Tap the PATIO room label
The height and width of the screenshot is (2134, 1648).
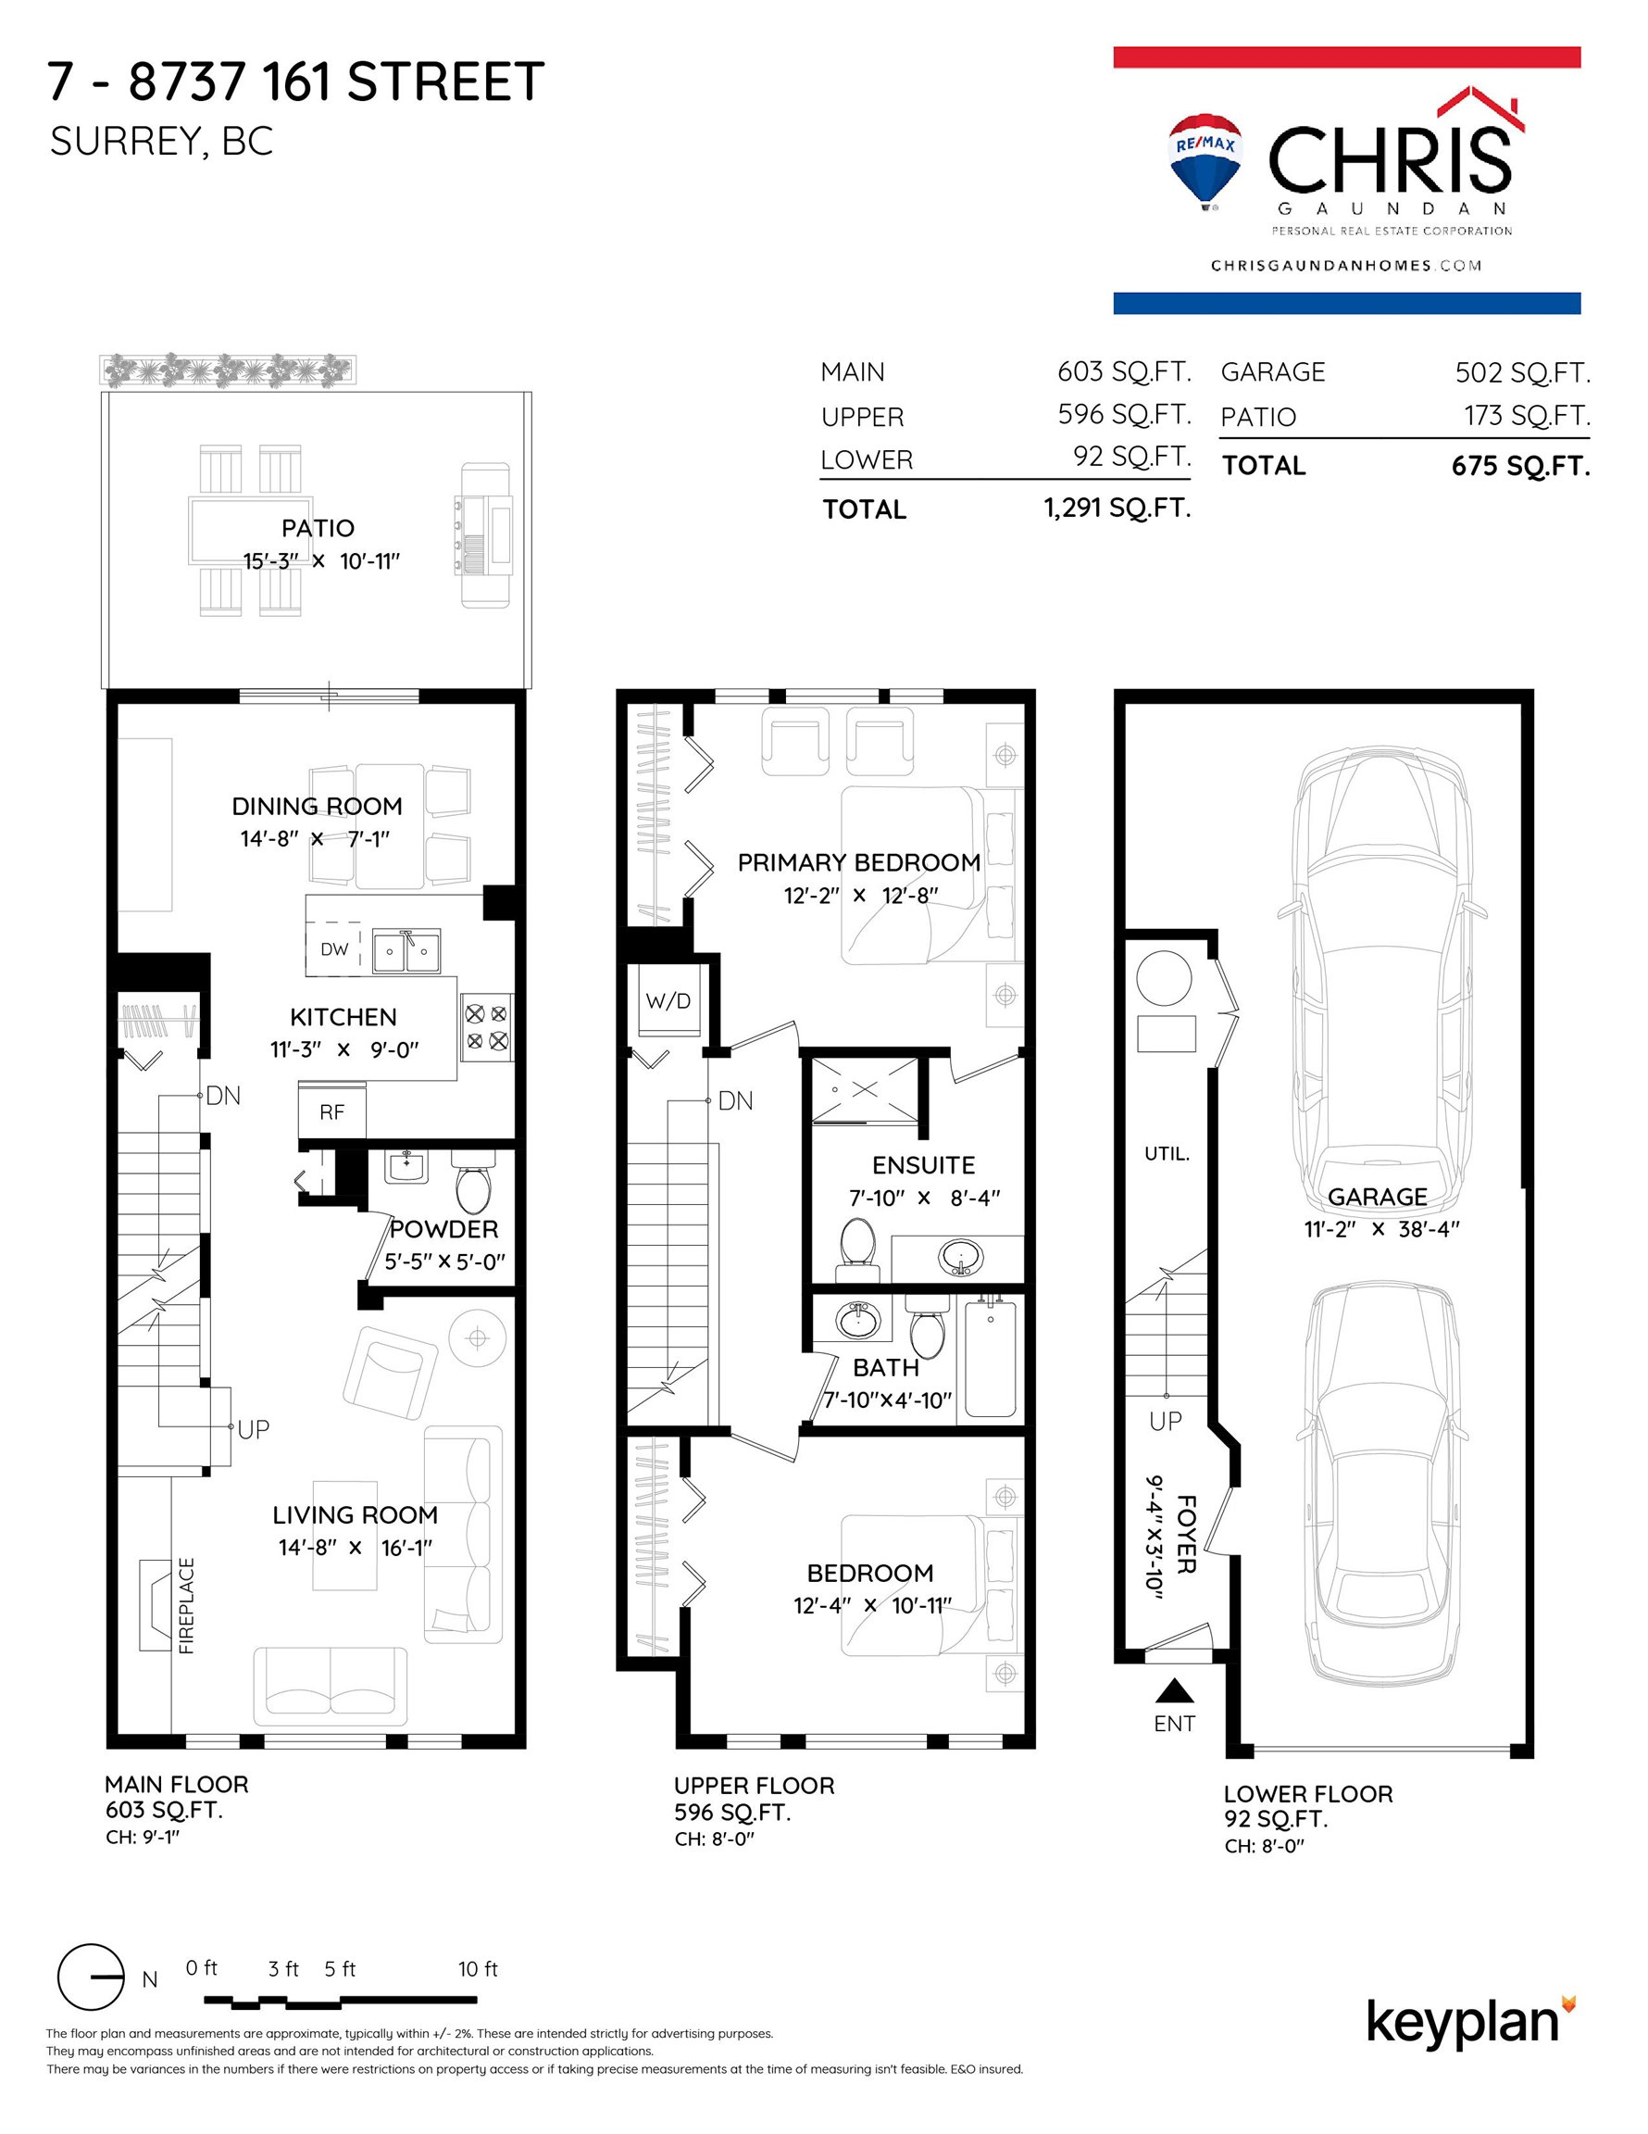[318, 528]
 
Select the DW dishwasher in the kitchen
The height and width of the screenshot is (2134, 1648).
[334, 948]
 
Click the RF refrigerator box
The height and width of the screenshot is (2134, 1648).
[332, 1112]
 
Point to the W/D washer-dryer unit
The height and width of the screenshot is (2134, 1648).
[668, 1000]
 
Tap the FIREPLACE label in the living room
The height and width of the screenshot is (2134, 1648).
[187, 1605]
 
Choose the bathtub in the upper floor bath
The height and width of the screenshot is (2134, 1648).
[991, 1359]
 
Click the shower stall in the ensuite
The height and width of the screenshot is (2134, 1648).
[866, 1089]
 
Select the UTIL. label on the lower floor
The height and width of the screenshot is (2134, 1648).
[1167, 1154]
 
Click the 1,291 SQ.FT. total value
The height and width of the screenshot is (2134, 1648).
[1117, 508]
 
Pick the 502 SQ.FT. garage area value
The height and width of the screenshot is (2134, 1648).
[1522, 372]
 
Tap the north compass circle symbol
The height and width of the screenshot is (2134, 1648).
[91, 1977]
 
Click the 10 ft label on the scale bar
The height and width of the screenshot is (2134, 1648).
[478, 1969]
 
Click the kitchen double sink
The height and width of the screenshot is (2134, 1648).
[406, 950]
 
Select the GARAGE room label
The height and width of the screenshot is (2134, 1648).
[1377, 1196]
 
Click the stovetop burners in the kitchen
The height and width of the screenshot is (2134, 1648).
[486, 1027]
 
